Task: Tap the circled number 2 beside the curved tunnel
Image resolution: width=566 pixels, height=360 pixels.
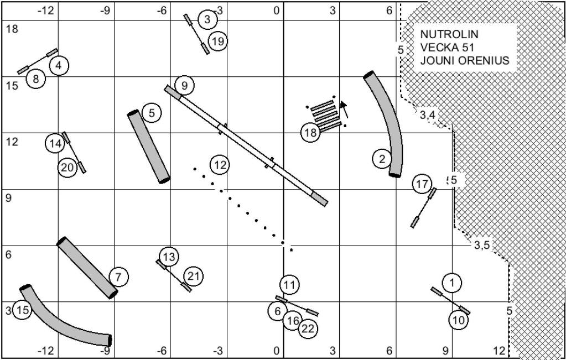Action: click(x=383, y=159)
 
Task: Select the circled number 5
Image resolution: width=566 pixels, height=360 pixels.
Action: click(x=152, y=113)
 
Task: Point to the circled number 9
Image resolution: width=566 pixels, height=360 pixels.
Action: click(x=184, y=86)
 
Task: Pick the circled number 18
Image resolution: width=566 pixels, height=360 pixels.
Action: click(x=310, y=133)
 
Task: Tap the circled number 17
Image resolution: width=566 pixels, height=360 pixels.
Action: click(x=422, y=184)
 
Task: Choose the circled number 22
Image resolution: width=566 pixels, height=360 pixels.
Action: click(x=308, y=329)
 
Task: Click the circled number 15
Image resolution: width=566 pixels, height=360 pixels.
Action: click(x=22, y=310)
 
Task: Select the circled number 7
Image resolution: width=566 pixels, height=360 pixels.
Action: click(x=119, y=277)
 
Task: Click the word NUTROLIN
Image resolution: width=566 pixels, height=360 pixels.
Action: click(x=449, y=34)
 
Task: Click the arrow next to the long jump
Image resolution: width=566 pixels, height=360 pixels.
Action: click(x=345, y=109)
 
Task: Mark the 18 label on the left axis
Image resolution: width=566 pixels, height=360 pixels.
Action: click(x=12, y=29)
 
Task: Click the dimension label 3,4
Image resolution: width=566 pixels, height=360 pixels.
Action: click(x=427, y=116)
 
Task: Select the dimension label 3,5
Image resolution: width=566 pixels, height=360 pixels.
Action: click(x=482, y=246)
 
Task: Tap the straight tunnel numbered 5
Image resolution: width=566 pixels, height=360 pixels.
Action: click(x=149, y=147)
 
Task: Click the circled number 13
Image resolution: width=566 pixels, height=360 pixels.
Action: click(x=169, y=257)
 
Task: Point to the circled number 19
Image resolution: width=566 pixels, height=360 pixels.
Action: click(x=218, y=41)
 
